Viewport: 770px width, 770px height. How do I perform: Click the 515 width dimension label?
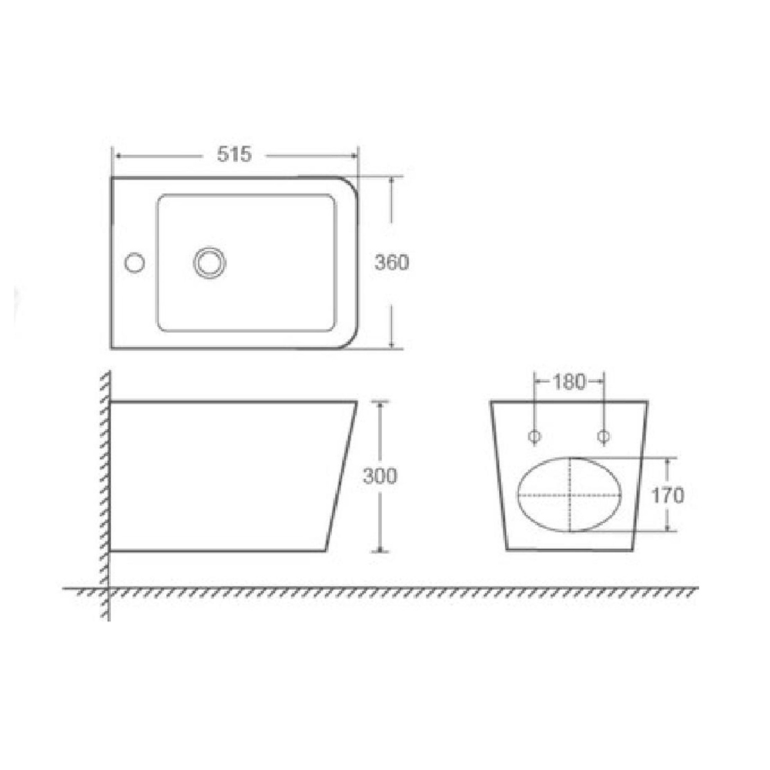[234, 154]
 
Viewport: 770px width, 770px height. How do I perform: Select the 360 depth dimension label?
[391, 263]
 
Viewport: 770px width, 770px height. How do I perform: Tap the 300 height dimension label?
[380, 476]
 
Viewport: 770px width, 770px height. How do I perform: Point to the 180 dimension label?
[569, 382]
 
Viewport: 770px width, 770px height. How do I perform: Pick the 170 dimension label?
[668, 495]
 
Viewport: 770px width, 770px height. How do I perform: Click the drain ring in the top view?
[209, 263]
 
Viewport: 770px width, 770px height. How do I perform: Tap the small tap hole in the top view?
[135, 263]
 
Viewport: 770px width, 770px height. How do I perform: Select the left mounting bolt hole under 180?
[534, 436]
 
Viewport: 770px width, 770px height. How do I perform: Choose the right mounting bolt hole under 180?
[604, 436]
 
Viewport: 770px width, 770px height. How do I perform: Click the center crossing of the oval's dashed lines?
[569, 495]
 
